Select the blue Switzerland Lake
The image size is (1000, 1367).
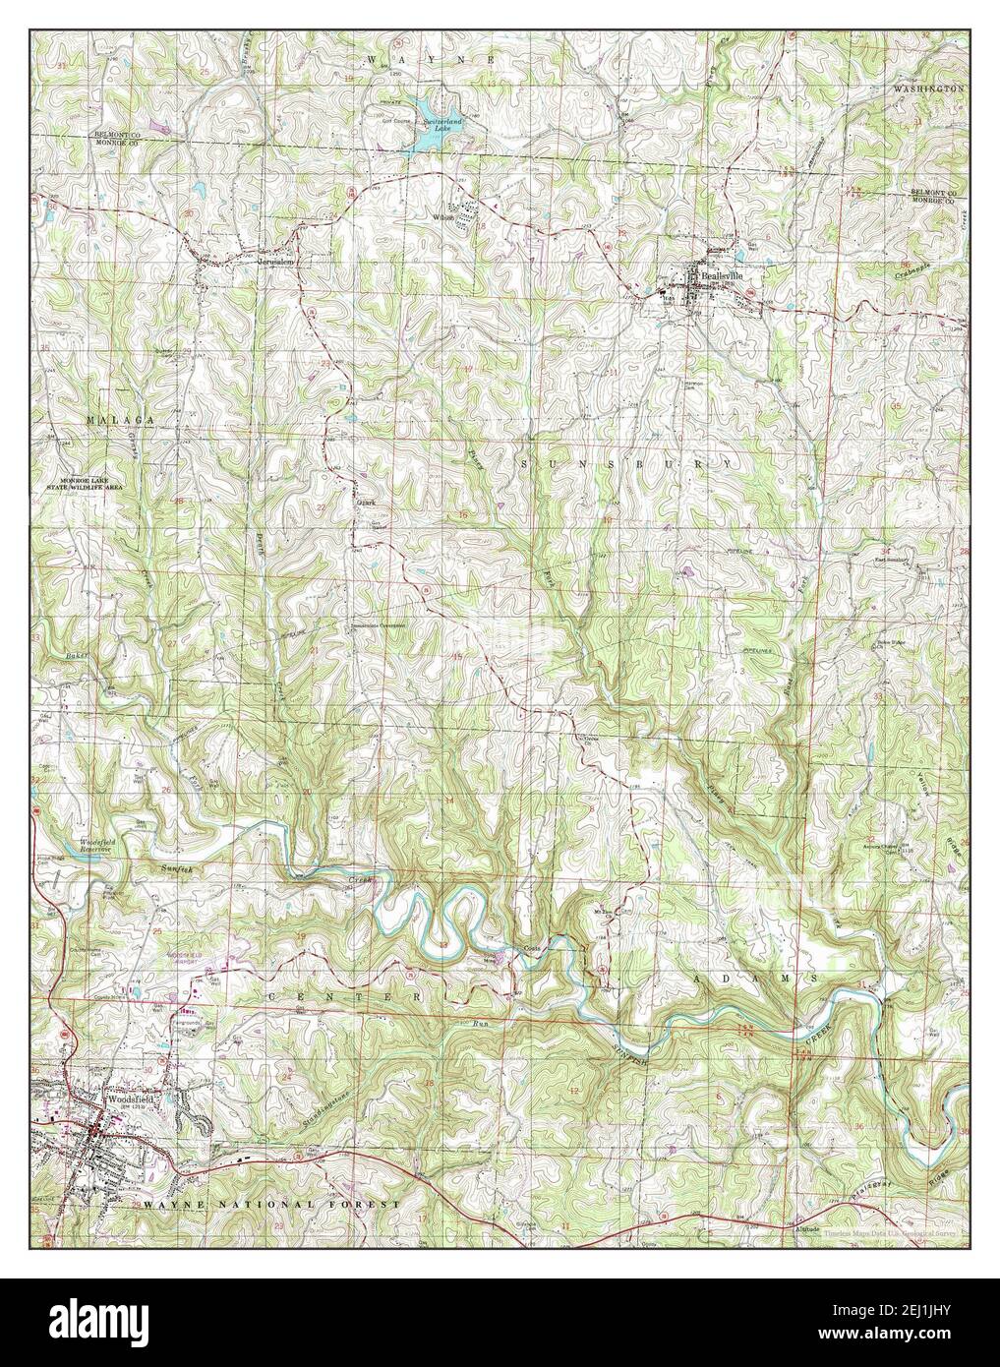pyautogui.click(x=430, y=135)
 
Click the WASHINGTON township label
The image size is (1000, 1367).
pyautogui.click(x=928, y=89)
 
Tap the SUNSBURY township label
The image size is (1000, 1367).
pyautogui.click(x=625, y=462)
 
